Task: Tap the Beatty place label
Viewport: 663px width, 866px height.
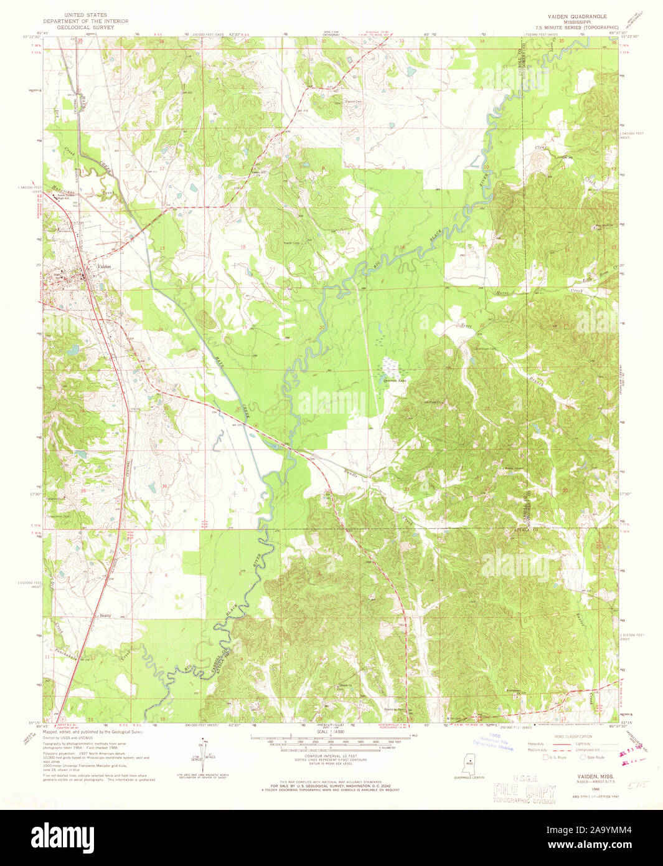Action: pos(105,615)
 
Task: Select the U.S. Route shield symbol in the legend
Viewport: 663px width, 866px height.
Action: pos(547,758)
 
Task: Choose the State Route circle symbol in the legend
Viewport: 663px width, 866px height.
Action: pos(583,758)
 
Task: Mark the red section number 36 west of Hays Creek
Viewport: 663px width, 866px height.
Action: pos(164,485)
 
